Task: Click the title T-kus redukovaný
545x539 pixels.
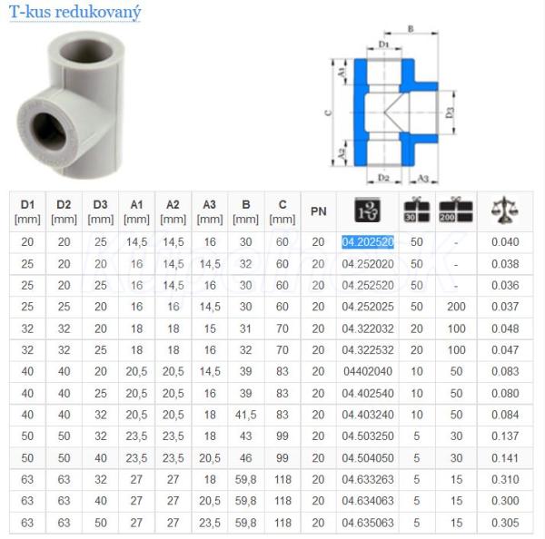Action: (x=74, y=12)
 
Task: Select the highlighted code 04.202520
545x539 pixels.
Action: (x=368, y=241)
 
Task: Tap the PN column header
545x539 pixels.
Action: (x=319, y=211)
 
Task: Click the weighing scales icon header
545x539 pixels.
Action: (x=505, y=210)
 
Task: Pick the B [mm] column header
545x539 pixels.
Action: (x=246, y=211)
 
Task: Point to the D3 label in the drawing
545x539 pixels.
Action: (x=450, y=113)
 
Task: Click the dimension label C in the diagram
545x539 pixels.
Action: (x=328, y=113)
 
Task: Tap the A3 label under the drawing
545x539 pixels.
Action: (x=422, y=178)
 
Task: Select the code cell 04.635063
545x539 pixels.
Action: (x=368, y=523)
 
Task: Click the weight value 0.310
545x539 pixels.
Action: (x=505, y=480)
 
